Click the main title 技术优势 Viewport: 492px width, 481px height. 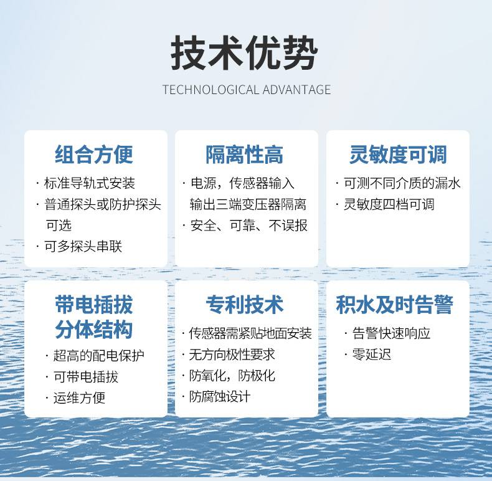[x=244, y=53]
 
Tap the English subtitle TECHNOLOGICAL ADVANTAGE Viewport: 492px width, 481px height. [x=247, y=90]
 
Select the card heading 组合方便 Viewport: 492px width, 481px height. [x=94, y=155]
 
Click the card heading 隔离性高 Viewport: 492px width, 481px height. [x=244, y=155]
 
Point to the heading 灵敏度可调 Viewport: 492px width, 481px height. [x=398, y=155]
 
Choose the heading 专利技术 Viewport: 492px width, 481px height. [x=245, y=305]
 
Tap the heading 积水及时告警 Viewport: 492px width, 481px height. [x=394, y=305]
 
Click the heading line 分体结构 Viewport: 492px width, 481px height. [x=94, y=330]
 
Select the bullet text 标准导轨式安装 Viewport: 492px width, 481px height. [x=90, y=183]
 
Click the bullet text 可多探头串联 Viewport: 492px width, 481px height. [x=83, y=247]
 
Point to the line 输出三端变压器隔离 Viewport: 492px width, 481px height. [x=248, y=204]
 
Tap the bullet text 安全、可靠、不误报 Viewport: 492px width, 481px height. [x=249, y=226]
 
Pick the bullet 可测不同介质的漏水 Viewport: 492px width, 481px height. [x=402, y=183]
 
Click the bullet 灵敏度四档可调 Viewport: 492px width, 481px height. [x=389, y=204]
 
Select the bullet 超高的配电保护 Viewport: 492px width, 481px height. [x=99, y=355]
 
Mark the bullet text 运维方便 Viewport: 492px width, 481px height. [x=79, y=398]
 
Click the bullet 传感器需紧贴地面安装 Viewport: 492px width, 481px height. [x=250, y=333]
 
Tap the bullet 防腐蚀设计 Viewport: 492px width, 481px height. [x=220, y=396]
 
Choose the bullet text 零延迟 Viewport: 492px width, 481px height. [x=372, y=355]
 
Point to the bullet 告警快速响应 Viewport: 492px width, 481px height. [x=391, y=333]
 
